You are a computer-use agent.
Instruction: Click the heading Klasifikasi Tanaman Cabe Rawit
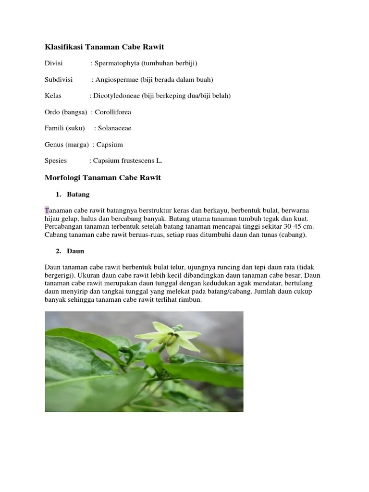[104, 47]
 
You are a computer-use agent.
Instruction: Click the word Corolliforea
[113, 112]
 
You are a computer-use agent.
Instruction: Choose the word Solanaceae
[115, 128]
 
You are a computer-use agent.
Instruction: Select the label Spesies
[56, 161]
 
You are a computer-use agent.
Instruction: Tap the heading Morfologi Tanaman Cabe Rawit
[102, 178]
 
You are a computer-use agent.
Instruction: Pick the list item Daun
[75, 251]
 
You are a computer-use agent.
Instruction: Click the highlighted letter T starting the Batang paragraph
[47, 211]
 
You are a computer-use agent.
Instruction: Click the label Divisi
[54, 63]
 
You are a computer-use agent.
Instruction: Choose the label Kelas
[53, 96]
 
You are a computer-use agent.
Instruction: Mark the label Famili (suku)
[64, 128]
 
